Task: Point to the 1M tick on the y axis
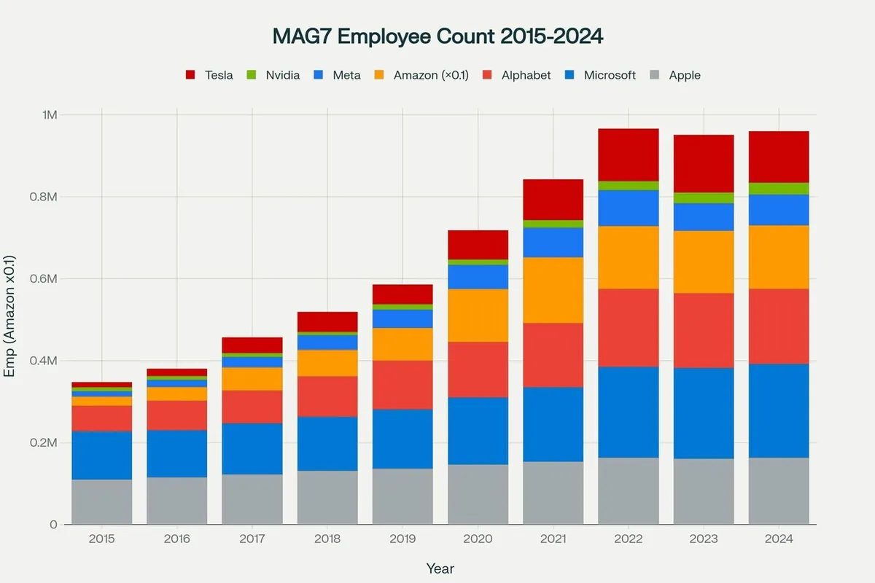50,115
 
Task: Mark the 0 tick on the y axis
54,525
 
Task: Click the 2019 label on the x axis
403,539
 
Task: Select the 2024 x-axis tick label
779,539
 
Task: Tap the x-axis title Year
440,568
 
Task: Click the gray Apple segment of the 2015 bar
102,502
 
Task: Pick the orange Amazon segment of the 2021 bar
553,290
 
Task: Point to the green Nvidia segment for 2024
779,189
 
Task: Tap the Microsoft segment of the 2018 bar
327,444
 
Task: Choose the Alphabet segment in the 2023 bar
704,330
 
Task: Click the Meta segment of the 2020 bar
478,277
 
